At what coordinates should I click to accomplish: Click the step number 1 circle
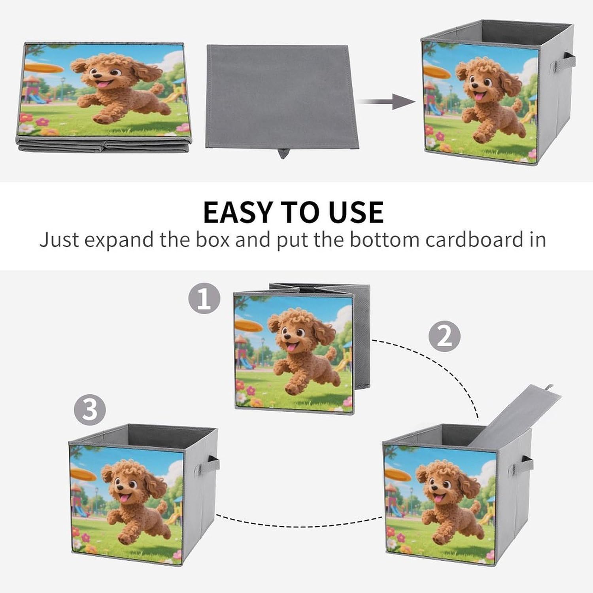(x=204, y=298)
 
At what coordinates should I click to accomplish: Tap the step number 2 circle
(x=445, y=336)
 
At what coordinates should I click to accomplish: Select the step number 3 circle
(x=90, y=409)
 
